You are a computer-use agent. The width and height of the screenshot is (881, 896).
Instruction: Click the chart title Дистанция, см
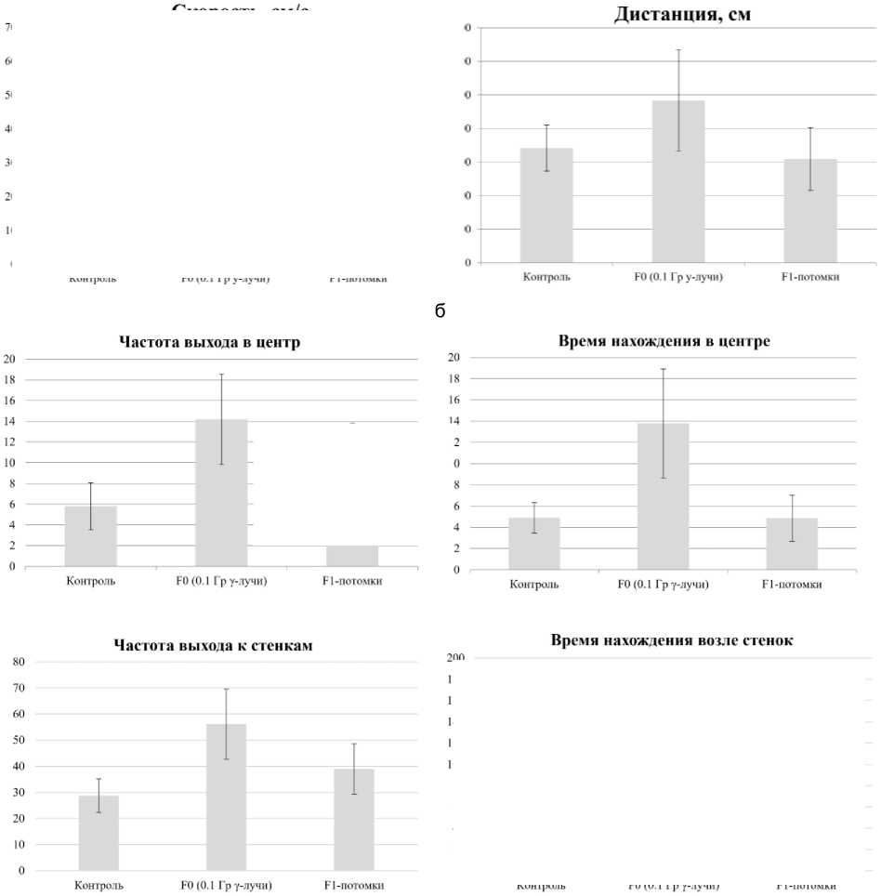pyautogui.click(x=682, y=15)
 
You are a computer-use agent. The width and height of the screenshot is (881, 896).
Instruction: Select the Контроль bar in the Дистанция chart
pyautogui.click(x=546, y=205)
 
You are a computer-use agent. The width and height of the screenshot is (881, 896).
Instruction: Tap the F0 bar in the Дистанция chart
pyautogui.click(x=678, y=181)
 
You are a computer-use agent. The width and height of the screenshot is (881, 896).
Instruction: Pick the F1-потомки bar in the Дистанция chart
pyautogui.click(x=810, y=211)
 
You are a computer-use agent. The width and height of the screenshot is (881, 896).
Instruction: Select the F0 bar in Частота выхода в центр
pyautogui.click(x=221, y=493)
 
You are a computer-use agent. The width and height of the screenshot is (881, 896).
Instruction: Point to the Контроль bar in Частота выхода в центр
pyautogui.click(x=90, y=536)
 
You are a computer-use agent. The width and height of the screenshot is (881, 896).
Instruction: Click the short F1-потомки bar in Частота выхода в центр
pyautogui.click(x=352, y=556)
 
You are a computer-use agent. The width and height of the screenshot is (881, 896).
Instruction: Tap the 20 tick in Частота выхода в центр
pyautogui.click(x=9, y=359)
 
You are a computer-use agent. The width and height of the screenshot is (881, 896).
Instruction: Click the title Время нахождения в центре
pyautogui.click(x=664, y=341)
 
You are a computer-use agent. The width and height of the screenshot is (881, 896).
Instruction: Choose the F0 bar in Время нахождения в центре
pyautogui.click(x=663, y=496)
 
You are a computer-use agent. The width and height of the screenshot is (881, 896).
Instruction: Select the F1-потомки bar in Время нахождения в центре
pyautogui.click(x=791, y=544)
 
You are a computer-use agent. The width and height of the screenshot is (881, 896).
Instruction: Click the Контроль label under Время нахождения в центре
pyautogui.click(x=533, y=585)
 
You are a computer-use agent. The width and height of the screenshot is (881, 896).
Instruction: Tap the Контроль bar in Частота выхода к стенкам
pyautogui.click(x=99, y=834)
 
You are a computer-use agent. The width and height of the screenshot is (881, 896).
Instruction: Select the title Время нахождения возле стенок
pyautogui.click(x=671, y=639)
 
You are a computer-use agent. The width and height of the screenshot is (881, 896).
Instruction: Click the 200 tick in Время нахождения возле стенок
pyautogui.click(x=455, y=658)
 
